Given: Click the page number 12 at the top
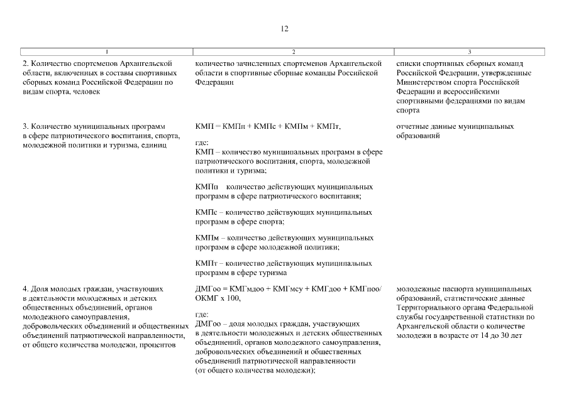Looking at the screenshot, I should click(x=284, y=29).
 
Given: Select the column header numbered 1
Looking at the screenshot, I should click(x=107, y=52).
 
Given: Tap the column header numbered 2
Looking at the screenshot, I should click(x=293, y=52).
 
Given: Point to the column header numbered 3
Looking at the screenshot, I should click(x=470, y=52).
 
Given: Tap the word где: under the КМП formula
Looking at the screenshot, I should click(x=202, y=143).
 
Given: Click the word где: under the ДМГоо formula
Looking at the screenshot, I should click(x=202, y=315).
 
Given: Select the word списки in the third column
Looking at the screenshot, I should click(x=409, y=63).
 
